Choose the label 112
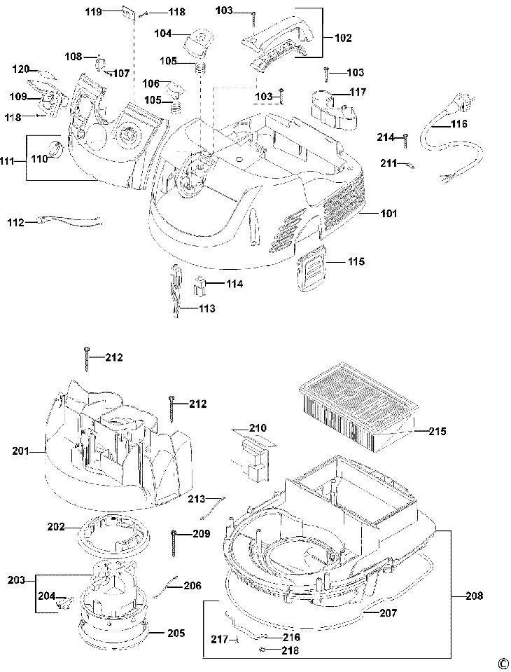coord(17,223)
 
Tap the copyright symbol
coord(502,662)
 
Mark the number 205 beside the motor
coord(176,633)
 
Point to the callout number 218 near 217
coord(289,650)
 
